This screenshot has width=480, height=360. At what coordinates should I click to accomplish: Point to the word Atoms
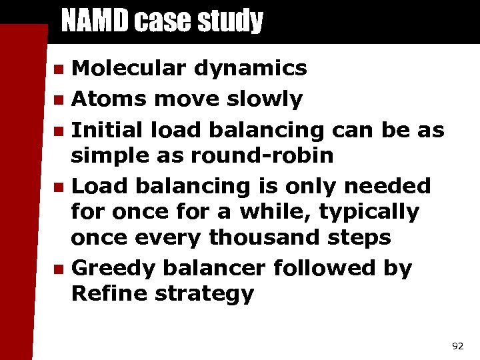pos(109,99)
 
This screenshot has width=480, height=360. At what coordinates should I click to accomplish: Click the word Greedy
pos(113,269)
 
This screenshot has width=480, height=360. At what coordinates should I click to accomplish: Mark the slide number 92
pos(457,346)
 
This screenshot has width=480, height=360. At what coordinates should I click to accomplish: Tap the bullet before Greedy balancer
pos(59,269)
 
